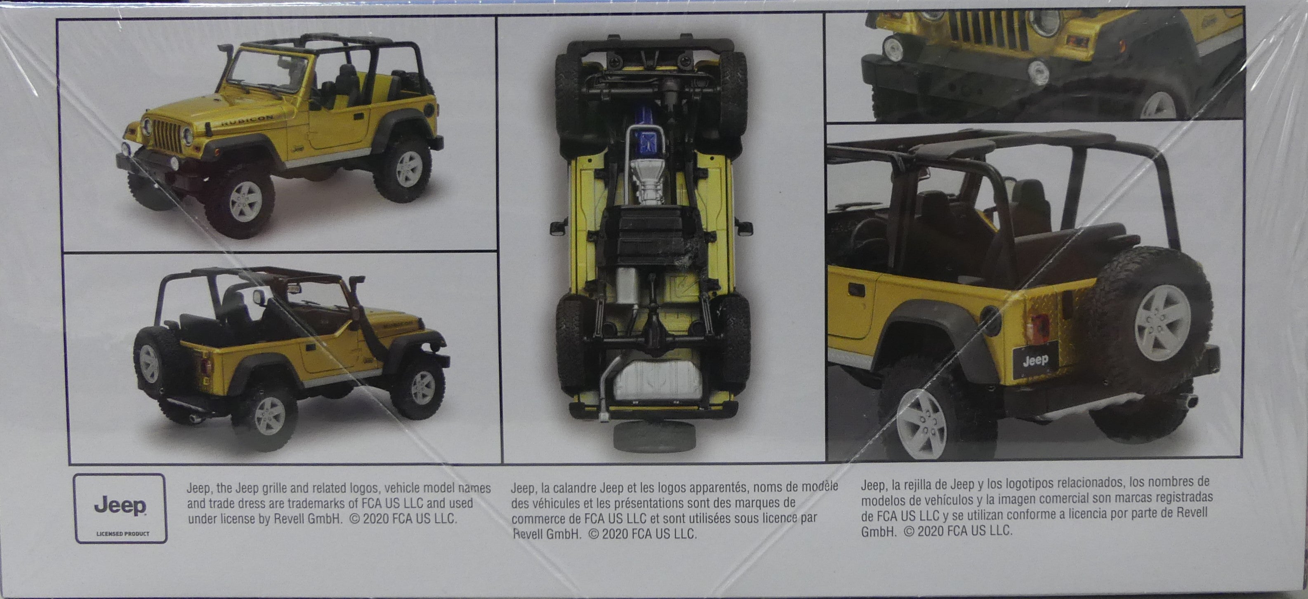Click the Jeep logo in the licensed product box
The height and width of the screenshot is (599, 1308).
120,506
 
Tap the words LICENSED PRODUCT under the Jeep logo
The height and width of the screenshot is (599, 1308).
123,533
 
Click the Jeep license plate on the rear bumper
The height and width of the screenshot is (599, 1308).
1035,360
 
